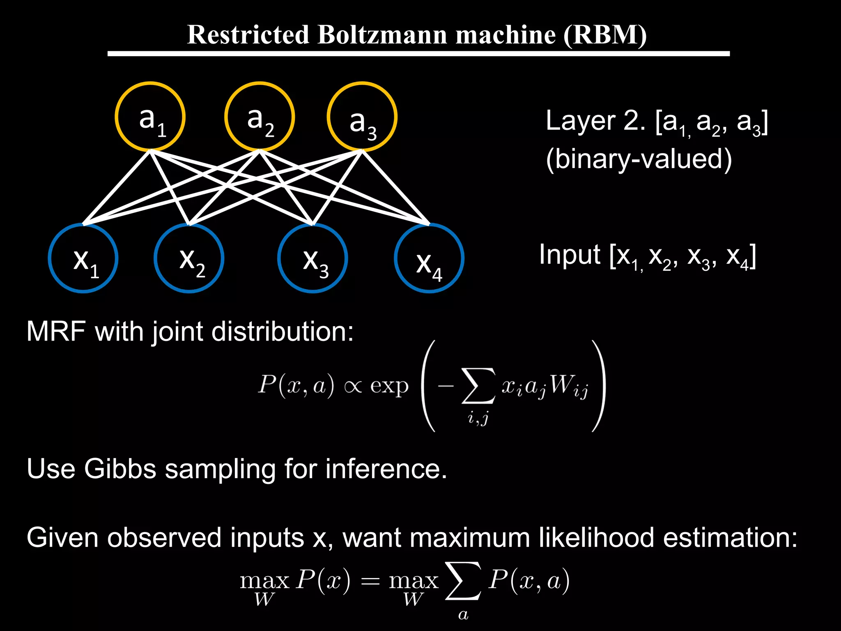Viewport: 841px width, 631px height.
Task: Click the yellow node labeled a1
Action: (x=150, y=117)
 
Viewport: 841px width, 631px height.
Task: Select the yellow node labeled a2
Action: (x=260, y=117)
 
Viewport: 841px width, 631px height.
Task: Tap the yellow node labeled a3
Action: (x=362, y=117)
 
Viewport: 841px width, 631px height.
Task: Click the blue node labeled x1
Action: (x=83, y=258)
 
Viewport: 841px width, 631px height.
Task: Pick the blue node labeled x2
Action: (x=189, y=258)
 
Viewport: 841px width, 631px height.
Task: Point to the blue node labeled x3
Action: (x=313, y=258)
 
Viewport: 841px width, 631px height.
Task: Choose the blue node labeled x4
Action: (x=429, y=258)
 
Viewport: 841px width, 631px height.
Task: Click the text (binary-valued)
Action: (x=639, y=159)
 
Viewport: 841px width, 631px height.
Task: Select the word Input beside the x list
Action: (x=570, y=255)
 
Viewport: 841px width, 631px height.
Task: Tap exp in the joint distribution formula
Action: (x=389, y=386)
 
